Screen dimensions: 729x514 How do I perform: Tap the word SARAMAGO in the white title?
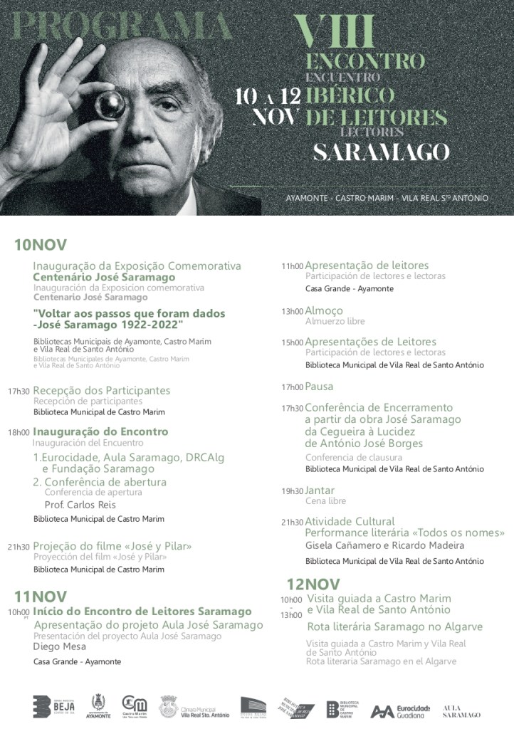click(x=382, y=152)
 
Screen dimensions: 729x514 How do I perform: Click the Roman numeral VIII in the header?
click(x=335, y=32)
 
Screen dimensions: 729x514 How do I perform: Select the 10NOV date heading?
click(x=41, y=245)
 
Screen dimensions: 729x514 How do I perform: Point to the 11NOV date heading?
click(x=41, y=596)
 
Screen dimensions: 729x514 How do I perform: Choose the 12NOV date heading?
click(x=313, y=584)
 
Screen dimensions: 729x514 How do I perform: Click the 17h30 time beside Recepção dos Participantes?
click(x=19, y=392)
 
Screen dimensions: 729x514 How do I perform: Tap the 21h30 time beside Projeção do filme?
click(x=19, y=547)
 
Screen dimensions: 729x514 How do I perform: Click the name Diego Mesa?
click(x=60, y=646)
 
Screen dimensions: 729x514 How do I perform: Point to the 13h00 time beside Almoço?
click(x=292, y=312)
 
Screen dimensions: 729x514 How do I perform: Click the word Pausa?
click(x=319, y=387)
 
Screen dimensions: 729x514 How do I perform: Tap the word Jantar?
click(x=320, y=491)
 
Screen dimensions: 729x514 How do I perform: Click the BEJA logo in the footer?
click(x=53, y=706)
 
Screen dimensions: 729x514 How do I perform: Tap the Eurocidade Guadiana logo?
click(x=401, y=710)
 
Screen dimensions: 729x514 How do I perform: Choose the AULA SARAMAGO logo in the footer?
click(x=461, y=710)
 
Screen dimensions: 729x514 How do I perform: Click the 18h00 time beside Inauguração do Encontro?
click(x=19, y=432)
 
